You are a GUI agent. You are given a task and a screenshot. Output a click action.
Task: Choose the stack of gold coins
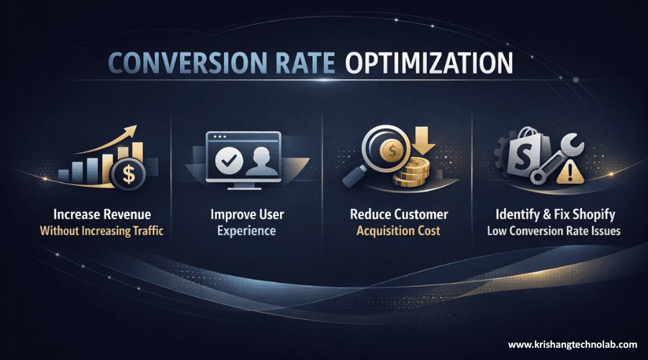(x=415, y=173)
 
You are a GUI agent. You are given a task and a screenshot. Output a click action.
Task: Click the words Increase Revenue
(x=107, y=215)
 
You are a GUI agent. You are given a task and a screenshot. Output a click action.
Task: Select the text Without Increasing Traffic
(x=107, y=231)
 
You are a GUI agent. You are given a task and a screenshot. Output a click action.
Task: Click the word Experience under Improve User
(x=247, y=231)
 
